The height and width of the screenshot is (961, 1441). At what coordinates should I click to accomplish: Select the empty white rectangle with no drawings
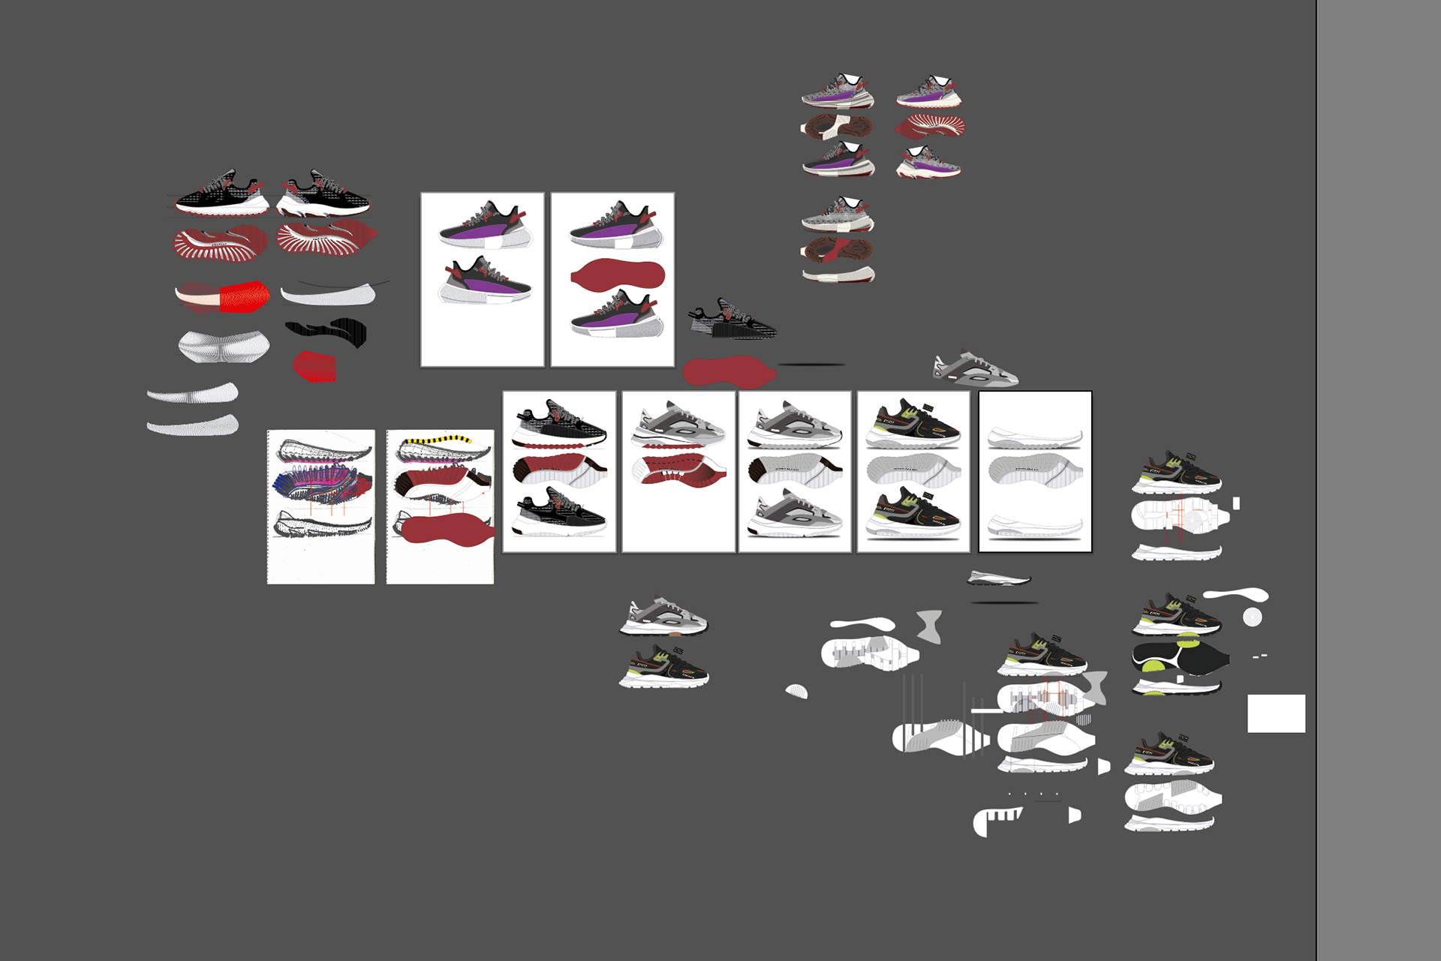click(x=1276, y=713)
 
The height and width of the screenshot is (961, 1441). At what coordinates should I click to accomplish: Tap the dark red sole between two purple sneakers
click(x=618, y=274)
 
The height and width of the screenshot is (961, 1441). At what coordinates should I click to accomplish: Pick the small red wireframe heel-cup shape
click(x=314, y=366)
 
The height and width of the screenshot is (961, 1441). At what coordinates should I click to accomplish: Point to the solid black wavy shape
click(x=330, y=331)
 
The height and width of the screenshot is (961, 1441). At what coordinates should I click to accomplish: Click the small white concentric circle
click(x=1252, y=617)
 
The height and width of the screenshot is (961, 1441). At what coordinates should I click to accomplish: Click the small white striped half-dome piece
click(x=797, y=691)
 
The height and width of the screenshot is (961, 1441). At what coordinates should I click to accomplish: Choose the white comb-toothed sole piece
click(x=998, y=820)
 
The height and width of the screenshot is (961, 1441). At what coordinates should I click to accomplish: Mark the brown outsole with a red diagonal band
click(x=837, y=250)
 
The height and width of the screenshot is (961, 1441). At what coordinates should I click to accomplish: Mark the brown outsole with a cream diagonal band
click(x=837, y=126)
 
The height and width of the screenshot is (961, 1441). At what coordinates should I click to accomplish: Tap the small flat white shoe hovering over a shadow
click(x=998, y=578)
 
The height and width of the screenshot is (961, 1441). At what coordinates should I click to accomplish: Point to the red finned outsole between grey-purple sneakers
click(x=931, y=126)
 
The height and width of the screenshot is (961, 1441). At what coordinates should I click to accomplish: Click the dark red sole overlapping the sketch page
click(x=447, y=529)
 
